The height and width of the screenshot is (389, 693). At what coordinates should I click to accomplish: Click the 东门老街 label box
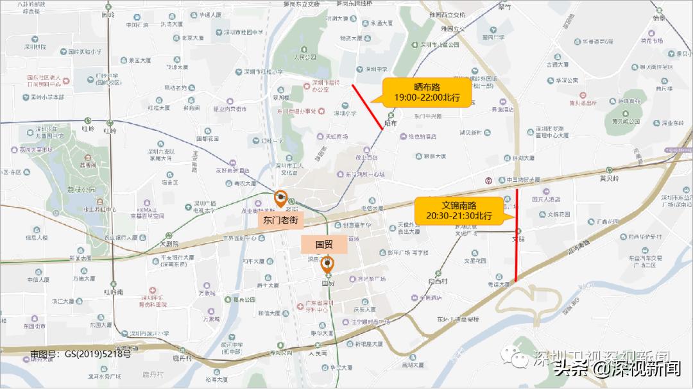pyautogui.click(x=281, y=219)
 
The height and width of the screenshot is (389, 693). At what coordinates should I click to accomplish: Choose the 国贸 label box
pyautogui.click(x=325, y=244)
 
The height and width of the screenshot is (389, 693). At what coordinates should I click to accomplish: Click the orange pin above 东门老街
pyautogui.click(x=281, y=199)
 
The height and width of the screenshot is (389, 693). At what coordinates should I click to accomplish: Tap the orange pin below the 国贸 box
pyautogui.click(x=328, y=263)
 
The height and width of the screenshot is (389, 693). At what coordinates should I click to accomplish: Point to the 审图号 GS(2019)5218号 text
pyautogui.click(x=80, y=353)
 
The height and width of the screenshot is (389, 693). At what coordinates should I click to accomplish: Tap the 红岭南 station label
pyautogui.click(x=113, y=292)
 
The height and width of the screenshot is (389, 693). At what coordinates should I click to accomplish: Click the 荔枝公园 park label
pyautogui.click(x=84, y=190)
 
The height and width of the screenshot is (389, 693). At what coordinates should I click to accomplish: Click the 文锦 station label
pyautogui.click(x=518, y=238)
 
